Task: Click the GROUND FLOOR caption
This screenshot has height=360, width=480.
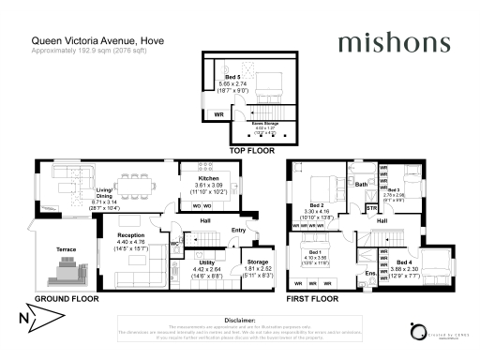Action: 67,298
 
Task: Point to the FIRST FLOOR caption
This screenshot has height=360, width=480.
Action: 312,298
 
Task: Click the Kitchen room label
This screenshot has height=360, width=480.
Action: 208,177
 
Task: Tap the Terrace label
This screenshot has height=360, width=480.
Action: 65,249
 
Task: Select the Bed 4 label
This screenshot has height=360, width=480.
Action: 403,262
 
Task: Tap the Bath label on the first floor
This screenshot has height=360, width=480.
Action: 361,185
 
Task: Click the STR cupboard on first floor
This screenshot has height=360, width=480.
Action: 371,207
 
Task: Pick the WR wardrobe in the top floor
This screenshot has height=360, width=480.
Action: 217,113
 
